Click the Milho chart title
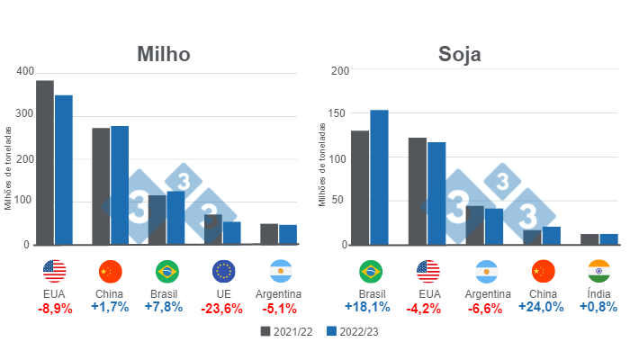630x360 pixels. [163, 54]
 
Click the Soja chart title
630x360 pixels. [459, 54]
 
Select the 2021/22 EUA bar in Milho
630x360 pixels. [45, 162]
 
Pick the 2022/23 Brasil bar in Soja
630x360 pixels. [379, 176]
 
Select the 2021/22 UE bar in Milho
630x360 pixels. [212, 229]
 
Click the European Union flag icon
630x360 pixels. [224, 271]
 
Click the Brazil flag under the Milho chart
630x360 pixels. [167, 271]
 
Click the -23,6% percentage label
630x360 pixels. [224, 307]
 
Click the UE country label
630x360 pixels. [224, 293]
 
